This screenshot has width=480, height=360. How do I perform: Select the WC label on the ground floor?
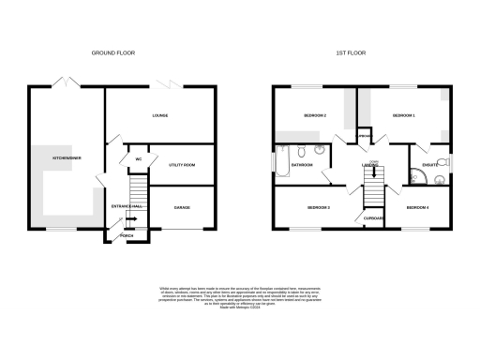click(138, 158)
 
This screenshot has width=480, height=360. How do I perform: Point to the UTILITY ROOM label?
click(182, 164)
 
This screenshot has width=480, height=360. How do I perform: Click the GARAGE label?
click(182, 208)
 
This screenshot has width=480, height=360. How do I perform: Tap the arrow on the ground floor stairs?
click(130, 219)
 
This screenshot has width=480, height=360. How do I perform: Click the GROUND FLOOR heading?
click(113, 53)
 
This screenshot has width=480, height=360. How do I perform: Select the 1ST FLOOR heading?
click(350, 53)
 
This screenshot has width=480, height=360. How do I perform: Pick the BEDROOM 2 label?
click(314, 114)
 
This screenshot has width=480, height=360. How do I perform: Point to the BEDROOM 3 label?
click(318, 206)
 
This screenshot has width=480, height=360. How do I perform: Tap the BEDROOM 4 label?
click(417, 206)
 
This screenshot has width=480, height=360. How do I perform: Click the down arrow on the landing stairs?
click(374, 173)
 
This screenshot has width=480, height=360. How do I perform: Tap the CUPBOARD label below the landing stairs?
click(374, 217)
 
